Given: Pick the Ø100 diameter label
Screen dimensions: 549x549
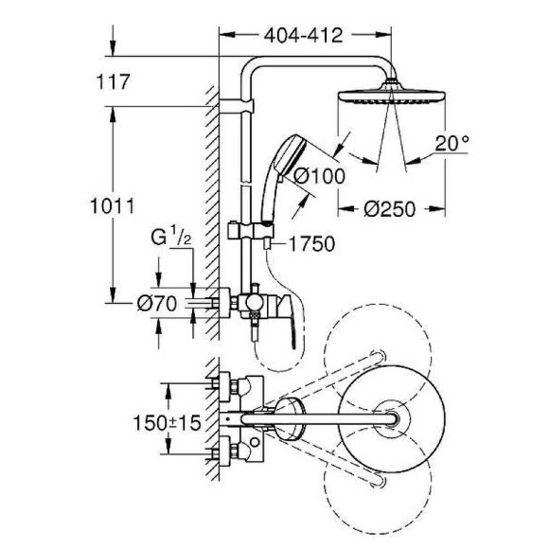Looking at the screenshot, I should click(317, 174).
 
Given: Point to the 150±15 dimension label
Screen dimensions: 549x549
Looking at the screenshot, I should click(168, 425).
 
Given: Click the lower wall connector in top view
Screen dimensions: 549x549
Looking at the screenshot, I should click(228, 450).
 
